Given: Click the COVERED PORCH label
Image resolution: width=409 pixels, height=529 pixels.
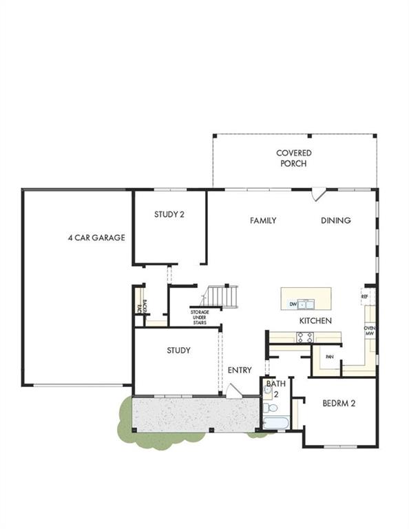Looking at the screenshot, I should [294, 158].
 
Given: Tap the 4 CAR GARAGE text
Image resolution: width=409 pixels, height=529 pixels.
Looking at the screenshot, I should [96, 238].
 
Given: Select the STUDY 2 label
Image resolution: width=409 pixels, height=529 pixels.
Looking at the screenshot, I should [169, 214].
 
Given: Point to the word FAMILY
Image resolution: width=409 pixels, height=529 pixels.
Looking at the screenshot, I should [263, 220].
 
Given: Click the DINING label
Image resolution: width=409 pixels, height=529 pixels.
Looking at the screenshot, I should [336, 220].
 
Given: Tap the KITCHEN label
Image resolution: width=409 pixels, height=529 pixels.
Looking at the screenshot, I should [315, 321].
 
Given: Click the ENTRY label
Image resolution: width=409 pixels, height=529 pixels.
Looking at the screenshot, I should [240, 370].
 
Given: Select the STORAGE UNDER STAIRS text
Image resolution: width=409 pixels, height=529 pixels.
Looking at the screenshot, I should [200, 317].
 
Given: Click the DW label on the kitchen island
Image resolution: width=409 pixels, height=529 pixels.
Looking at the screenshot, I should [293, 304].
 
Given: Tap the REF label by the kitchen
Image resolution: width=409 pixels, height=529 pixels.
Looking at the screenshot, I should [365, 296].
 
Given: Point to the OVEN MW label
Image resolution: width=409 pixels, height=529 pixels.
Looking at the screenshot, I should [370, 331].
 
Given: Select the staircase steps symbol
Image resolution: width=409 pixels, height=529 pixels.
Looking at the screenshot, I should [220, 296].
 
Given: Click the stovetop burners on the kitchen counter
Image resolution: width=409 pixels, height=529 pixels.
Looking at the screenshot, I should [304, 337].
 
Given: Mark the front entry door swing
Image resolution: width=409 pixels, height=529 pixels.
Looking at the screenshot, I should [233, 391].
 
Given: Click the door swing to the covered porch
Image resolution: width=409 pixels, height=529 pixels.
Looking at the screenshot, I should [317, 195].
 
